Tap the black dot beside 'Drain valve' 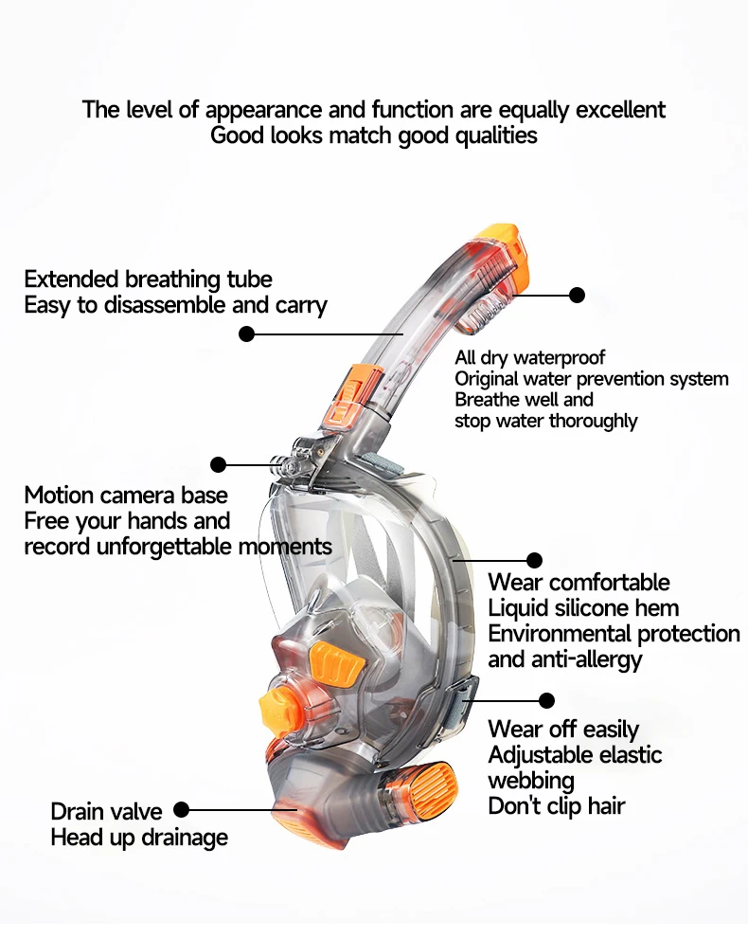tap(182, 809)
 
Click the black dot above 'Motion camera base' tap(219, 464)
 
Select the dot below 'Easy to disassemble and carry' tap(246, 334)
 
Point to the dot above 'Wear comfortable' tap(534, 560)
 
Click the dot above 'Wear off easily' tap(546, 700)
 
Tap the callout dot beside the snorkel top tap(577, 295)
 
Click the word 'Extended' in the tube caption tap(72, 280)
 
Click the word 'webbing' tap(531, 781)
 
